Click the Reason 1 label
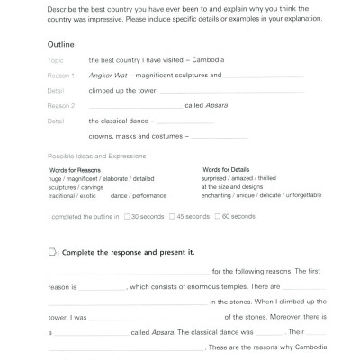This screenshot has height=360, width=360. (58, 76)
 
